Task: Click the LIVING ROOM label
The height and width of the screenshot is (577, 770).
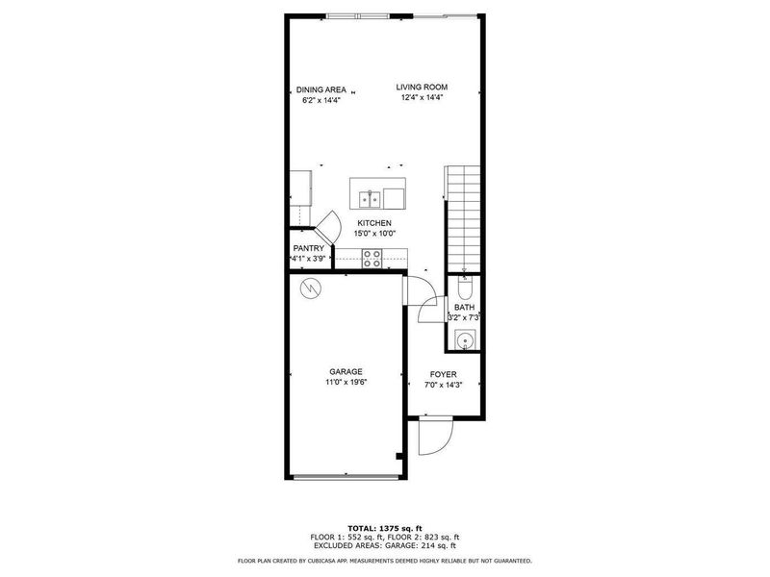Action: [422, 88]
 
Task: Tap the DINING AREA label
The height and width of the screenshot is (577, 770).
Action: [321, 89]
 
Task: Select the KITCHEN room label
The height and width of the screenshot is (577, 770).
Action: [374, 223]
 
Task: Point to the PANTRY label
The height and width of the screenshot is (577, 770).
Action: [308, 248]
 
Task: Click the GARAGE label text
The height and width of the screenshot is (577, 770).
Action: [346, 372]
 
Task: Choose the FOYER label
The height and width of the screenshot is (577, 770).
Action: [443, 375]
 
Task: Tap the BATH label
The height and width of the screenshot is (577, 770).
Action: [464, 308]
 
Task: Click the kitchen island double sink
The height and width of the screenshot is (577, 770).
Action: [369, 199]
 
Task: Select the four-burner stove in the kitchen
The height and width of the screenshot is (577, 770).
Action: [372, 258]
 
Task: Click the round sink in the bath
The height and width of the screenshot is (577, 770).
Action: [464, 339]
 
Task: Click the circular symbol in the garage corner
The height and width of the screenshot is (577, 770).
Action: [311, 288]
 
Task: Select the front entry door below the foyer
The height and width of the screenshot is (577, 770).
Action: [433, 438]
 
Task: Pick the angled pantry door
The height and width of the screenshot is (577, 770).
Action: [330, 228]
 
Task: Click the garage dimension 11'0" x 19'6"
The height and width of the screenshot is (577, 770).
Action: [346, 382]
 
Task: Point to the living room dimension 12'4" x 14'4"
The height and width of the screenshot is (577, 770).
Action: [422, 97]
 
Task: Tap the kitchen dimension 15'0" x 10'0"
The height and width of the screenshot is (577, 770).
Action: [374, 233]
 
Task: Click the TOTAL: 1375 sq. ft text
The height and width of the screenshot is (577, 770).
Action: [384, 529]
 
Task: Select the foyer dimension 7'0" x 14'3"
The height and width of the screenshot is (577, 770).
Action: [443, 385]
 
